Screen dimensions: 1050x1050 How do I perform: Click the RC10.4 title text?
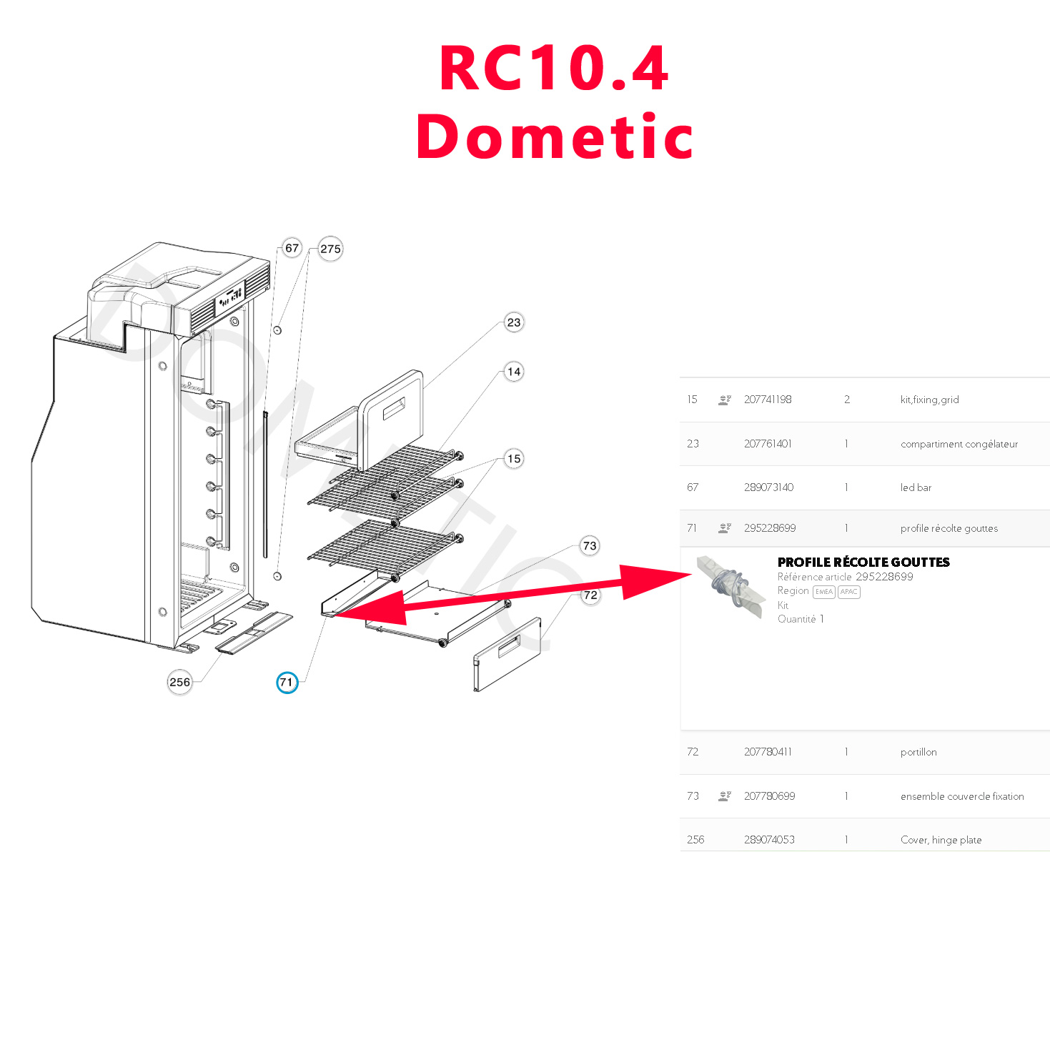(554, 69)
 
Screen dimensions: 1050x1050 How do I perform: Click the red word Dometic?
(555, 137)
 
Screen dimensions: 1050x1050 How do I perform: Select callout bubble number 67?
(292, 248)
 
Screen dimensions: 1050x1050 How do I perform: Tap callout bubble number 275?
(330, 249)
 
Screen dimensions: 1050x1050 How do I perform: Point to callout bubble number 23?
(513, 322)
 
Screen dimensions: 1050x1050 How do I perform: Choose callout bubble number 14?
(513, 372)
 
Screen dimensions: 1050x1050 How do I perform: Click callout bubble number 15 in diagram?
(513, 459)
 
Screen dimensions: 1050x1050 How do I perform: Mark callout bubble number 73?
(589, 546)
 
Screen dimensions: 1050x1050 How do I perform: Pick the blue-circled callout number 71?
(287, 683)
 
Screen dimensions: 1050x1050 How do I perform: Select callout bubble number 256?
(179, 683)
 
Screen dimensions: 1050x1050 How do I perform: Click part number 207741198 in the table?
(767, 400)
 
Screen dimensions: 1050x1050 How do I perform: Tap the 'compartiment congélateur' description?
(959, 444)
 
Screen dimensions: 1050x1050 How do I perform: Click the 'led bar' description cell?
(916, 487)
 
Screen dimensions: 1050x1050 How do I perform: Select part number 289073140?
(768, 487)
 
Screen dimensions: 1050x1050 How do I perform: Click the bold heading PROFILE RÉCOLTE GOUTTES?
(863, 563)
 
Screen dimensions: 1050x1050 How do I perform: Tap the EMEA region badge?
(823, 592)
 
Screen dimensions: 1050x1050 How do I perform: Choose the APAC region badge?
(848, 592)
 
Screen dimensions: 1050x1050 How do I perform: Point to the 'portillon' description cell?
(918, 752)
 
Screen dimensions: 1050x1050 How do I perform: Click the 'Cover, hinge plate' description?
(941, 840)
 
